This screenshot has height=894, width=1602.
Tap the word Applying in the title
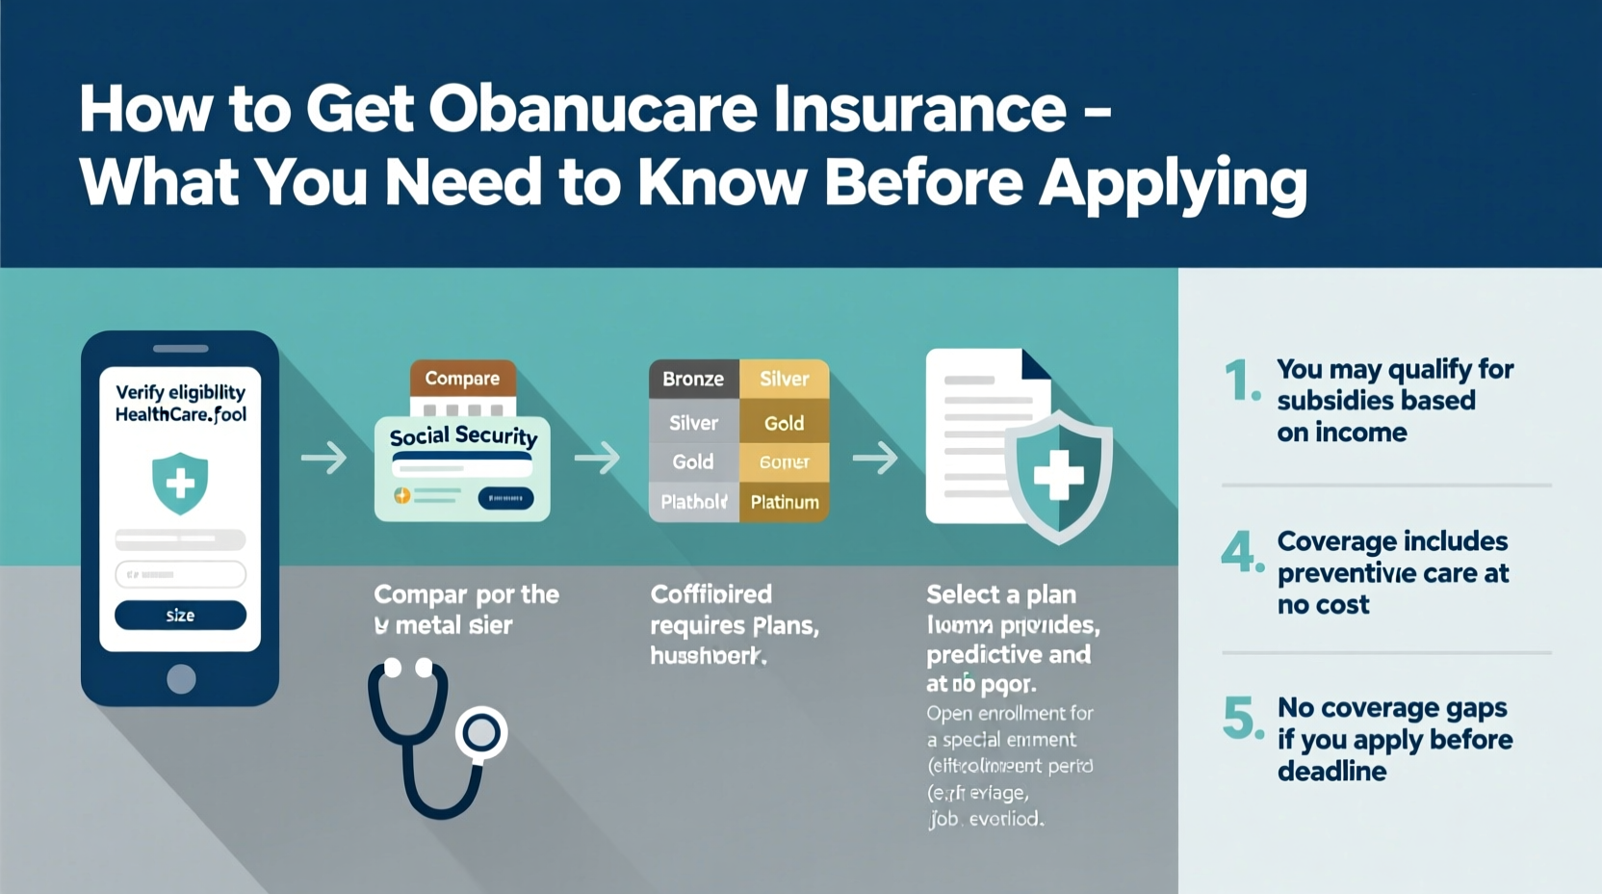pyautogui.click(x=1173, y=182)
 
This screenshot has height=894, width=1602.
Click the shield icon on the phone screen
pyautogui.click(x=180, y=483)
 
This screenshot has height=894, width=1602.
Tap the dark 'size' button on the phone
pyautogui.click(x=180, y=615)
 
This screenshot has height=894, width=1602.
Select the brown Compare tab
pyautogui.click(x=462, y=378)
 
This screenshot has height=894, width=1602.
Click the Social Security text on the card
pyautogui.click(x=463, y=435)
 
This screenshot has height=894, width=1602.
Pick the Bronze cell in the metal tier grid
pyautogui.click(x=693, y=379)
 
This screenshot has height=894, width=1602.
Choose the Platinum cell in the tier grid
pyautogui.click(x=785, y=502)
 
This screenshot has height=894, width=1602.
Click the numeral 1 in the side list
pyautogui.click(x=1239, y=381)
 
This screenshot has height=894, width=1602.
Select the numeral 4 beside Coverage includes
pyautogui.click(x=1238, y=551)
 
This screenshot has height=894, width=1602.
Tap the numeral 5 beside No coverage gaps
pyautogui.click(x=1239, y=718)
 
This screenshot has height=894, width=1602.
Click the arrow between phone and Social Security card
pyautogui.click(x=323, y=458)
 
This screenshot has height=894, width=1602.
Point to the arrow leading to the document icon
pyautogui.click(x=874, y=458)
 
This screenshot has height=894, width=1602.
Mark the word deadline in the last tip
pyautogui.click(x=1331, y=771)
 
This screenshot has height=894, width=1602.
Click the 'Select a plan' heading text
pyautogui.click(x=1001, y=594)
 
